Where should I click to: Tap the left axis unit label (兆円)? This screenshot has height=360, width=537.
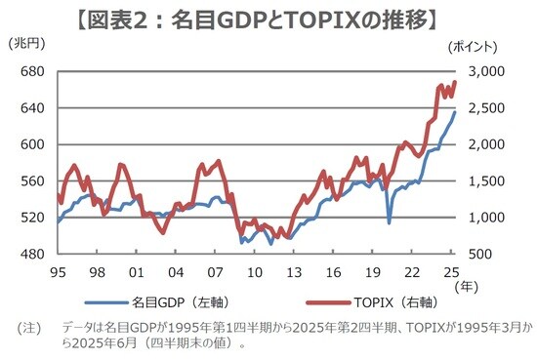coord(25,46)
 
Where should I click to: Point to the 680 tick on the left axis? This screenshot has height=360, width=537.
coord(31,72)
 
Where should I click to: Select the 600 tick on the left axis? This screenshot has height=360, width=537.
coord(31,144)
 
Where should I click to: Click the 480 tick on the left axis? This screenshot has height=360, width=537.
coord(31,254)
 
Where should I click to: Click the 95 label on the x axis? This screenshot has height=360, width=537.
coord(58,272)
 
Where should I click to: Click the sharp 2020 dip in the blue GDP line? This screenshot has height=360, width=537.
coord(389,222)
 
